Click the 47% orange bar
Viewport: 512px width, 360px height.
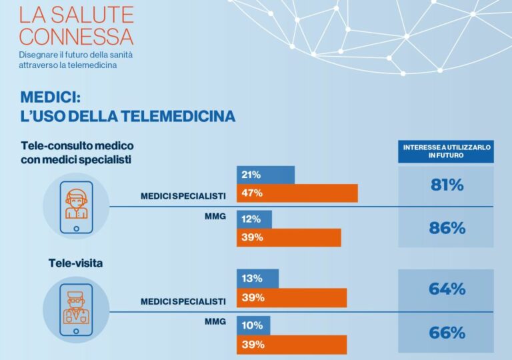click(x=297, y=193)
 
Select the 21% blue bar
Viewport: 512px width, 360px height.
click(x=265, y=175)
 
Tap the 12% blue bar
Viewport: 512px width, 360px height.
click(x=254, y=219)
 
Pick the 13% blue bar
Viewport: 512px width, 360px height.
click(x=257, y=279)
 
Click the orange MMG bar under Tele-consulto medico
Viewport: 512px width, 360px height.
click(x=289, y=238)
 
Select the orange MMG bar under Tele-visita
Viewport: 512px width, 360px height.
click(x=292, y=345)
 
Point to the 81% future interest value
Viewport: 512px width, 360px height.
click(x=446, y=185)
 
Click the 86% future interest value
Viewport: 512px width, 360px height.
click(x=446, y=228)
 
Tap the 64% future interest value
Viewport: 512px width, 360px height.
click(x=446, y=289)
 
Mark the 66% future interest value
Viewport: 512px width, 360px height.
click(x=446, y=333)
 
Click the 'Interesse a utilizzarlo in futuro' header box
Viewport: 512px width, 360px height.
click(x=446, y=151)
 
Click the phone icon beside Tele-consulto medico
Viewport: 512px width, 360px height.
click(x=75, y=206)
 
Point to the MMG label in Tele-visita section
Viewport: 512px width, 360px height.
click(x=215, y=321)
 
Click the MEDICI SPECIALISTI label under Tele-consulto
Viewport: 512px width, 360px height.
click(x=183, y=195)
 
